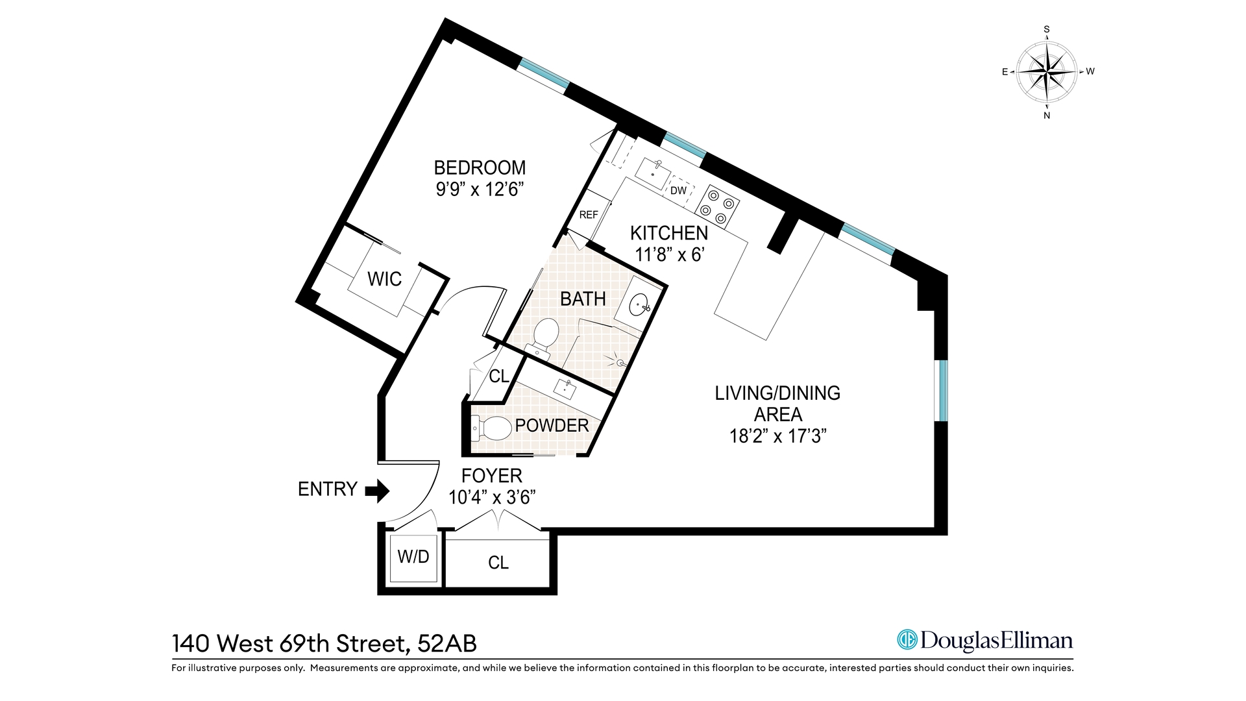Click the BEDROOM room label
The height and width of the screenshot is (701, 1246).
pos(480,168)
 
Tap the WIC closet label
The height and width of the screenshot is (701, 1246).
pos(384,279)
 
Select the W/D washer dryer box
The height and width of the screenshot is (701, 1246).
pos(413,557)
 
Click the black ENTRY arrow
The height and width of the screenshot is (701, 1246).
pos(377,491)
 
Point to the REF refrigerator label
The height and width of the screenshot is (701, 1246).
pos(589,215)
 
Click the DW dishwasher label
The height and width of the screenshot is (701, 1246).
pos(678,190)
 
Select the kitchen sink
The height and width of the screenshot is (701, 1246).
pos(653,172)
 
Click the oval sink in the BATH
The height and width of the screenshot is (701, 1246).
pos(640,304)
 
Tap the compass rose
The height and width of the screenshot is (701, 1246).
pos(1046,71)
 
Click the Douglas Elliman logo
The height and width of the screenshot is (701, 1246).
pos(984,641)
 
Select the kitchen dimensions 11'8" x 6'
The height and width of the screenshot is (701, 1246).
pos(669,254)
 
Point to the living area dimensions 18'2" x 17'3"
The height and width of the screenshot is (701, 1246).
pos(777,436)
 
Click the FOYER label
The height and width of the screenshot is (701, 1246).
pos(491,476)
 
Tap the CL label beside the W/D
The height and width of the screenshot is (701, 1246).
pos(498,563)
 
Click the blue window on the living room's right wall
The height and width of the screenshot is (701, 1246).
pos(943,391)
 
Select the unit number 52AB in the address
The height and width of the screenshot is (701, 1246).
pos(447,643)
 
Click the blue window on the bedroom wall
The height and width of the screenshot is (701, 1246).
pos(544,76)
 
